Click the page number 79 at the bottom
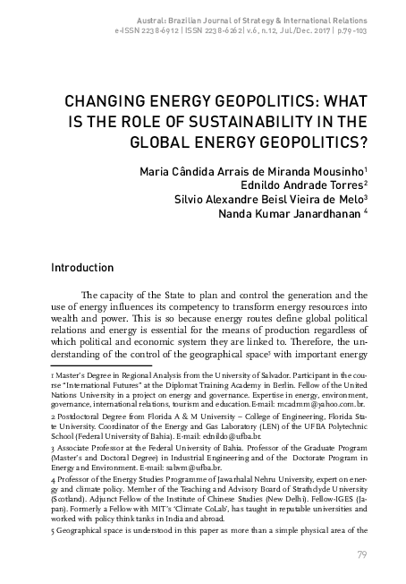click(x=362, y=554)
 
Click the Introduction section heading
click(x=81, y=267)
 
